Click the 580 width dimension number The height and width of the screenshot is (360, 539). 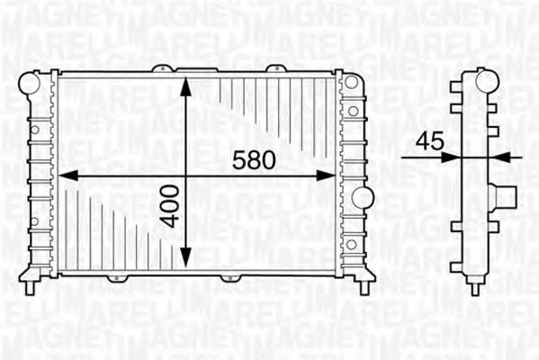(x=254, y=160)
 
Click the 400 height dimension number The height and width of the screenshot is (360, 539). (x=171, y=207)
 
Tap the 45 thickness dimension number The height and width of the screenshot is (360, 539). (x=429, y=141)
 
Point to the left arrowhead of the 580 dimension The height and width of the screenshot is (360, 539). (x=67, y=175)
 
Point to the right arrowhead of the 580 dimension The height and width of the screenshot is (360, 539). (x=326, y=175)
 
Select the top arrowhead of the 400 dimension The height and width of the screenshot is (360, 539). (x=186, y=86)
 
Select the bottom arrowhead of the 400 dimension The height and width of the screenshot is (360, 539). (x=186, y=258)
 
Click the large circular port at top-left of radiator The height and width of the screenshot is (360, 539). (x=29, y=84)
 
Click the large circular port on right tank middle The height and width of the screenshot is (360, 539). (x=363, y=198)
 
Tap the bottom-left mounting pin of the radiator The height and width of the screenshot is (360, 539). (x=30, y=287)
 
